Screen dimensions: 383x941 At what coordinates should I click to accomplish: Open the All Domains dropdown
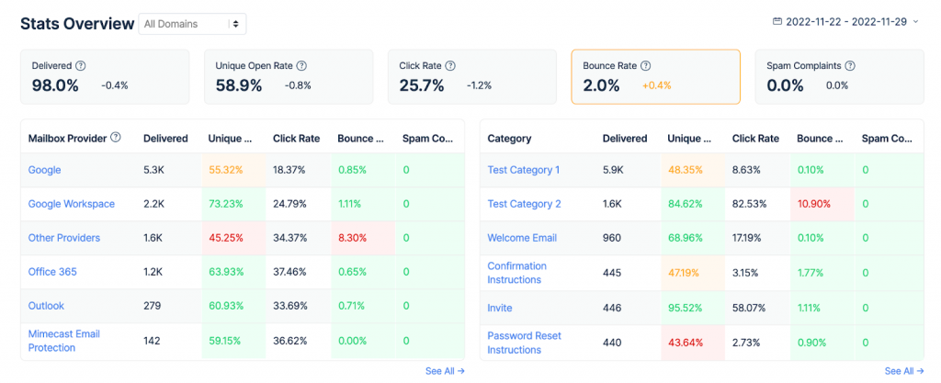click(x=192, y=24)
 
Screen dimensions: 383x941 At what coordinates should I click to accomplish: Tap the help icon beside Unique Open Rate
click(x=301, y=66)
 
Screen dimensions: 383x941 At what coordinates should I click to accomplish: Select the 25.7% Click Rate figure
click(x=422, y=85)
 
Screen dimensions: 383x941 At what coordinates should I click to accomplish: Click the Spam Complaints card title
click(x=804, y=66)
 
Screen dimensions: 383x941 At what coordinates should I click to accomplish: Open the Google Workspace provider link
click(x=72, y=204)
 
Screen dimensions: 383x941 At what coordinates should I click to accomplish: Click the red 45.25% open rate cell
click(x=225, y=238)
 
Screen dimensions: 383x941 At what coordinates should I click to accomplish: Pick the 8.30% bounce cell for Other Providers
click(x=353, y=238)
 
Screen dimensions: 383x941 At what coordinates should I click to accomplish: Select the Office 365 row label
click(x=52, y=272)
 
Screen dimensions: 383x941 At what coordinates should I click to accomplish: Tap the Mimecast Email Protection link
click(x=64, y=341)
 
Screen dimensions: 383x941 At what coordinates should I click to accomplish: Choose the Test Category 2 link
click(x=524, y=204)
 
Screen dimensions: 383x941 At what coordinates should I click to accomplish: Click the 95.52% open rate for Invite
click(x=686, y=308)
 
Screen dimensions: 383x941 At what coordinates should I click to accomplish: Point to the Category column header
click(x=509, y=139)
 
